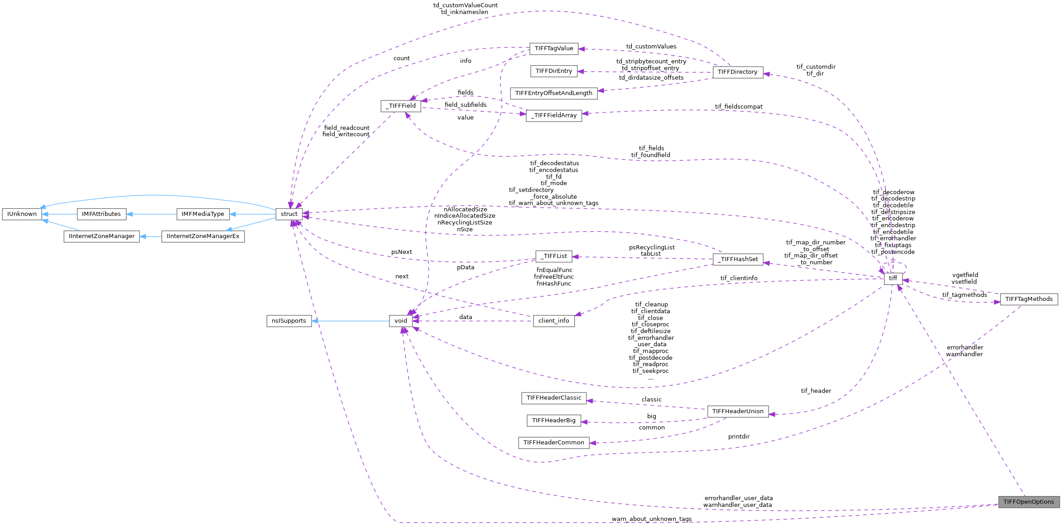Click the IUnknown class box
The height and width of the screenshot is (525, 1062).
click(22, 214)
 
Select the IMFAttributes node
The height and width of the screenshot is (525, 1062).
click(101, 214)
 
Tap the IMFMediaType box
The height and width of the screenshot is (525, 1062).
click(202, 214)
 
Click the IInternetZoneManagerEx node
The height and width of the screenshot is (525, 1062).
click(203, 236)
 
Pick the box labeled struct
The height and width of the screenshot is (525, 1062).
click(289, 214)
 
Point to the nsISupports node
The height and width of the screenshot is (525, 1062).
click(289, 321)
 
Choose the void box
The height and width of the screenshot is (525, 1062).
click(401, 321)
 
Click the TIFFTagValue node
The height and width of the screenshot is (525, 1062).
click(553, 48)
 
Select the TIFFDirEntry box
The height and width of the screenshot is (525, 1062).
click(553, 71)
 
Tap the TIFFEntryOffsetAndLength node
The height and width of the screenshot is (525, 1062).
click(553, 93)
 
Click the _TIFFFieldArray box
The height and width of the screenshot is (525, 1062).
click(553, 115)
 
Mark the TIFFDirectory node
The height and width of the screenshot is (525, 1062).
click(737, 72)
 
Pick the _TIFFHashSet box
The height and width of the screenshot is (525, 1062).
click(738, 259)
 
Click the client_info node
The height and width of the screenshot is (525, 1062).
click(553, 321)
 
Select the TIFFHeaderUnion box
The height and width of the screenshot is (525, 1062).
click(738, 411)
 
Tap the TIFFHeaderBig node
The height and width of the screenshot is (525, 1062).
click(553, 420)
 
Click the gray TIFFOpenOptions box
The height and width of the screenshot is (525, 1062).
click(1028, 502)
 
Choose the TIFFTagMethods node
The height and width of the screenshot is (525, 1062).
click(1028, 299)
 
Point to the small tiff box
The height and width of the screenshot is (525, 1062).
click(893, 278)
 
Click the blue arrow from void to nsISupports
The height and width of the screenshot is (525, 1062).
click(351, 321)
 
